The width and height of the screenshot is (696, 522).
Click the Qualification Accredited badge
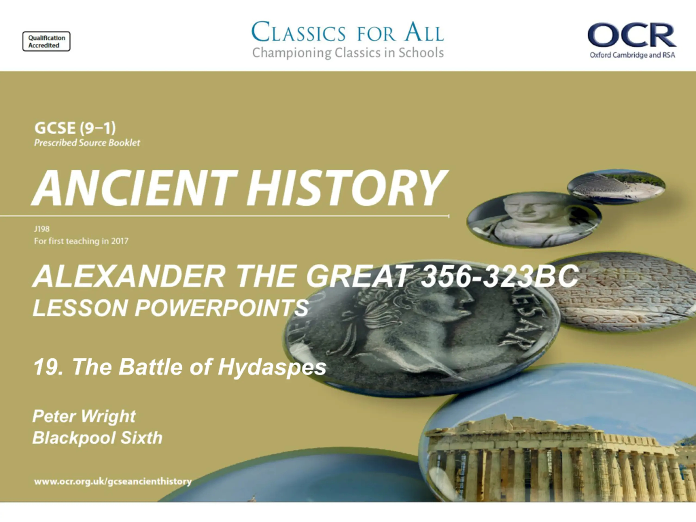click(46, 41)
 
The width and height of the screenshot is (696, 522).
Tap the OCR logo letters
click(632, 35)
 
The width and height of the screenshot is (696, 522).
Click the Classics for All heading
click(348, 32)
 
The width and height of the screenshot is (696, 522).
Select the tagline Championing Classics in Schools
click(348, 53)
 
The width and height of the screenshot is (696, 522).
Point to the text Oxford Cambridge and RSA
click(632, 55)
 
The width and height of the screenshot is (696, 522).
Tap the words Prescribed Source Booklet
click(87, 143)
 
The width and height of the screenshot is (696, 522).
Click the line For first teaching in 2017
click(81, 241)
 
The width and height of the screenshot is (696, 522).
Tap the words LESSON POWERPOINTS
click(170, 308)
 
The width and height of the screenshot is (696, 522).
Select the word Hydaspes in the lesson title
click(272, 367)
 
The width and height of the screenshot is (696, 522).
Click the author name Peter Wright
click(84, 416)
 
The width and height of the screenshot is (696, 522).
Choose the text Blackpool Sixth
click(97, 438)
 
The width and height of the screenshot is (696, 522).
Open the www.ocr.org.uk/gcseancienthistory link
click(113, 481)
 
